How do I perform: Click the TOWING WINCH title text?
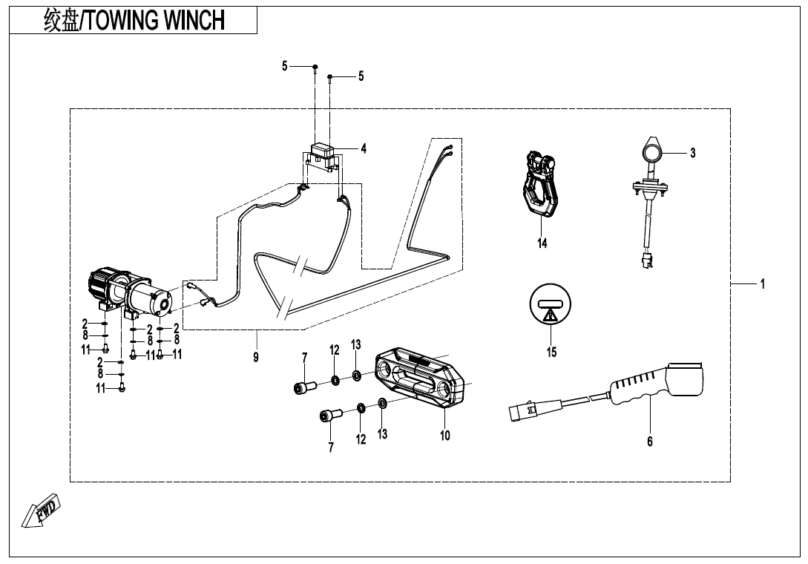click(x=134, y=21)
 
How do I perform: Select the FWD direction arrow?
click(x=43, y=511)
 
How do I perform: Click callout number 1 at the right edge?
click(x=762, y=283)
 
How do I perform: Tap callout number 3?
click(x=692, y=153)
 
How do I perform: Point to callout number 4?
click(x=364, y=148)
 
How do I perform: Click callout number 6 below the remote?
click(x=650, y=442)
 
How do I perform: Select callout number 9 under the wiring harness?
click(x=255, y=357)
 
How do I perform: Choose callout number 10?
click(x=444, y=436)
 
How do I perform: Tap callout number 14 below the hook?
click(x=542, y=243)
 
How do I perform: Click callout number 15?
click(x=551, y=352)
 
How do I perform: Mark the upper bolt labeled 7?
click(x=304, y=386)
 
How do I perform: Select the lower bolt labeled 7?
click(x=330, y=416)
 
